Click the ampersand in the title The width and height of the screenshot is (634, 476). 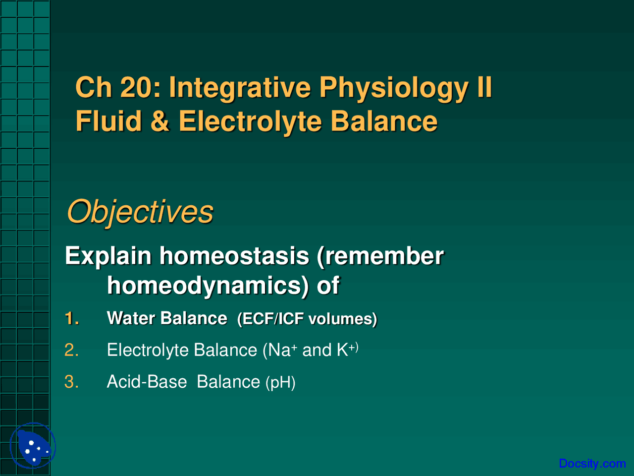(159, 121)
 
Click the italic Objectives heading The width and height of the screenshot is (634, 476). (140, 212)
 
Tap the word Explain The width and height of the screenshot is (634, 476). (107, 256)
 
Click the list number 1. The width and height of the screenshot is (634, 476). (71, 318)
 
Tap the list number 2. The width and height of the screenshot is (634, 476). (71, 350)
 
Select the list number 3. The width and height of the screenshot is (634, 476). (71, 382)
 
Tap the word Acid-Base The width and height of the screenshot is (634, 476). (147, 382)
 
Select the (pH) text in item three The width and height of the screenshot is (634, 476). (280, 383)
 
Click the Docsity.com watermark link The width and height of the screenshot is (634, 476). (592, 464)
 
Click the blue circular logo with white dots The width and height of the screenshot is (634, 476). (33, 446)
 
